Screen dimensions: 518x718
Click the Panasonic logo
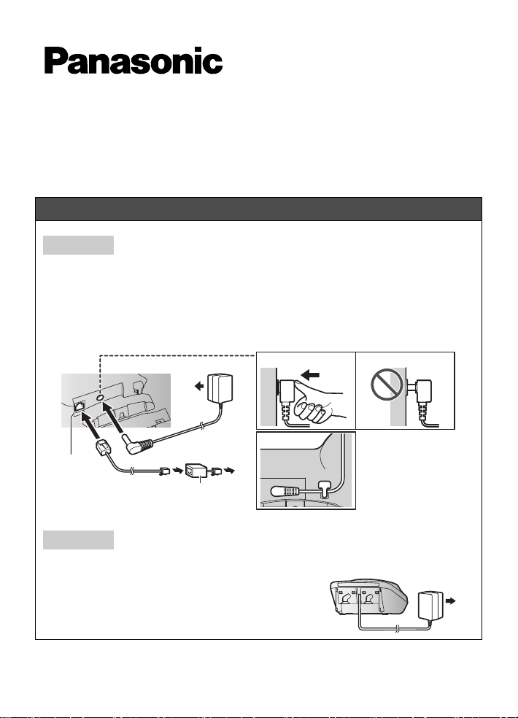point(134,61)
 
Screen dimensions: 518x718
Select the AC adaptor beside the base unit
point(220,390)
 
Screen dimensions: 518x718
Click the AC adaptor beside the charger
point(430,606)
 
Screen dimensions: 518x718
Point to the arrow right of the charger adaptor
point(451,601)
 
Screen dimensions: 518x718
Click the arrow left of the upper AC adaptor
point(199,387)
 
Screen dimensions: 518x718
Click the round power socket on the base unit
point(100,398)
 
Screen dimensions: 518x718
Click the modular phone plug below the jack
point(101,447)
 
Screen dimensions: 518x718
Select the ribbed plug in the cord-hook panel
point(284,491)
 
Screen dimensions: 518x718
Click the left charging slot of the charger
point(347,601)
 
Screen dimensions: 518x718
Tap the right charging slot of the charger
point(371,601)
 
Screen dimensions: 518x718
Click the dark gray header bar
point(259,209)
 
